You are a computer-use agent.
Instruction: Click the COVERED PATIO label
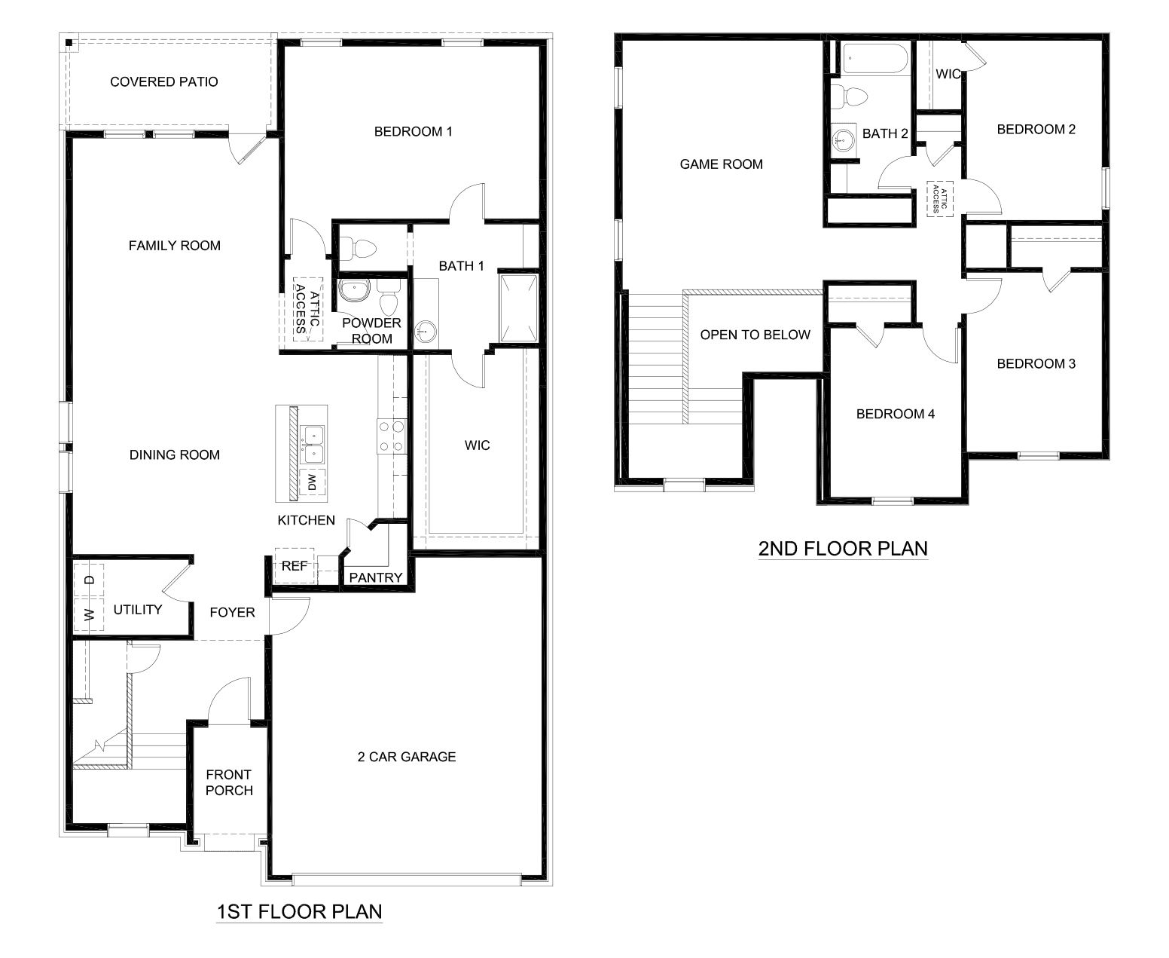coord(163,81)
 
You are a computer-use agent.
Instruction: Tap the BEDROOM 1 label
coord(413,132)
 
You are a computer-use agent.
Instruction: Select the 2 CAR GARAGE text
coord(407,757)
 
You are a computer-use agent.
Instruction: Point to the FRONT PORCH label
coord(229,782)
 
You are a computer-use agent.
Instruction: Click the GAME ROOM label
coord(721,164)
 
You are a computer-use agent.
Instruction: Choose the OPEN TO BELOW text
coord(755,335)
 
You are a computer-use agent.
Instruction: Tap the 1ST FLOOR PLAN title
coord(299,911)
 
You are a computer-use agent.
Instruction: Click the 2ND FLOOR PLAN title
coord(842,548)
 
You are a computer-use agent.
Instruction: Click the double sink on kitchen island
coord(312,445)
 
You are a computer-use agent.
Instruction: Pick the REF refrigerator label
coord(293,565)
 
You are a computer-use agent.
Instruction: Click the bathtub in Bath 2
coord(874,59)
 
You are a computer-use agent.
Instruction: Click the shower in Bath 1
coord(518,308)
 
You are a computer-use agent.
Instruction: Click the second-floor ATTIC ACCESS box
coord(937,198)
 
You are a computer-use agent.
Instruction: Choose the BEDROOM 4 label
coord(895,414)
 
